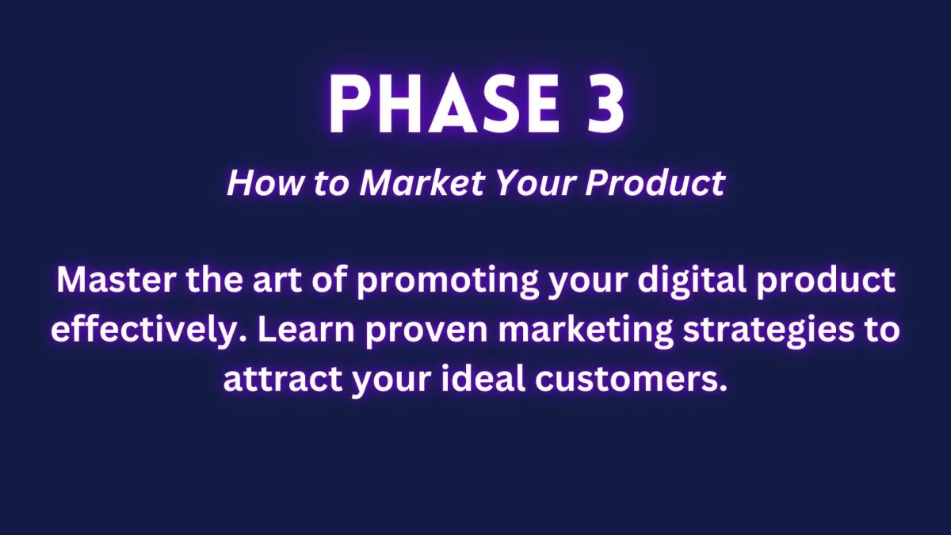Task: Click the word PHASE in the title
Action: pyautogui.click(x=445, y=104)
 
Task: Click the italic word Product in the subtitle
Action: pyautogui.click(x=655, y=183)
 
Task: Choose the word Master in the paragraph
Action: pyautogui.click(x=116, y=280)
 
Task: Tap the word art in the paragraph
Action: pyautogui.click(x=277, y=281)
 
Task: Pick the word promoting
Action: pyautogui.click(x=448, y=283)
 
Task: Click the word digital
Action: pyautogui.click(x=692, y=281)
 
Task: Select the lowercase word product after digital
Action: pyautogui.click(x=826, y=283)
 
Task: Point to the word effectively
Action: pyautogui.click(x=149, y=331)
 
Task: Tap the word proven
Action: pyautogui.click(x=426, y=332)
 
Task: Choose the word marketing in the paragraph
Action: pyautogui.click(x=586, y=331)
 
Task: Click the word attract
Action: pyautogui.click(x=283, y=380)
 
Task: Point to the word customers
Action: pyautogui.click(x=631, y=380)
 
